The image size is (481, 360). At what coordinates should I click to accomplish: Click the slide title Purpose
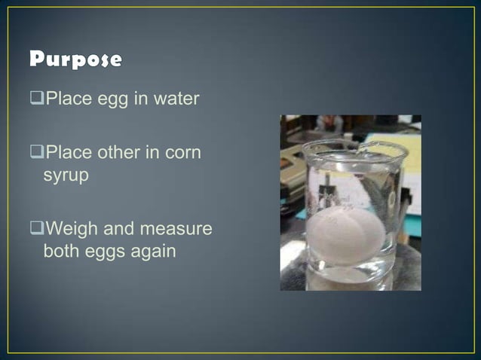(x=75, y=59)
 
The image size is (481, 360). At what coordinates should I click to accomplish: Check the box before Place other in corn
(x=38, y=153)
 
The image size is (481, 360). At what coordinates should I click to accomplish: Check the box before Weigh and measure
(x=38, y=229)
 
